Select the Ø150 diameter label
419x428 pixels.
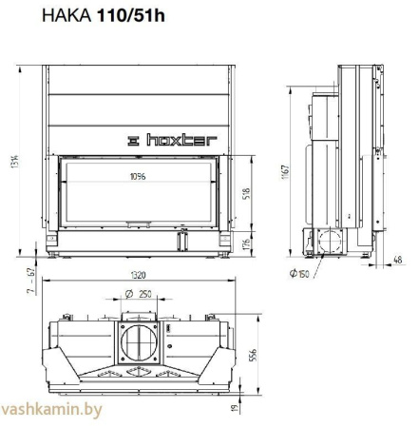click(301, 275)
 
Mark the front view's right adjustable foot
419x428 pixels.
click(225, 255)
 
